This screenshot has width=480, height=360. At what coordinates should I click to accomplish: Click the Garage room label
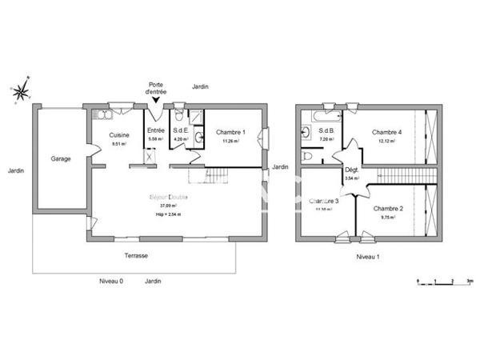(x=61, y=158)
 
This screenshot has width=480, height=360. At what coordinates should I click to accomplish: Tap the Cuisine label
(x=119, y=135)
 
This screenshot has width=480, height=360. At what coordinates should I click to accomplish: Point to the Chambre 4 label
(x=386, y=132)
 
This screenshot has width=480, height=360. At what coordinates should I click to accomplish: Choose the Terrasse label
(x=136, y=256)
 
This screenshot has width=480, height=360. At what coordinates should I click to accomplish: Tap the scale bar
(x=445, y=282)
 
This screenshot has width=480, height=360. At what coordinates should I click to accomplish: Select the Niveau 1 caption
(x=367, y=258)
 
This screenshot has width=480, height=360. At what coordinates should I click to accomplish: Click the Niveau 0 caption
(x=110, y=282)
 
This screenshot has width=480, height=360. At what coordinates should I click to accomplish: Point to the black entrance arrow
(x=155, y=99)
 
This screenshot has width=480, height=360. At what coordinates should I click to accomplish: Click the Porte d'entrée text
(x=155, y=87)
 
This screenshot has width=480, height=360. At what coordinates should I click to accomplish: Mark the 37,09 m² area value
(x=169, y=206)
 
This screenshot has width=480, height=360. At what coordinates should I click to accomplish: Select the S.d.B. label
(x=326, y=131)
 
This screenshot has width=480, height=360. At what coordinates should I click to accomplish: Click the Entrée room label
(x=155, y=130)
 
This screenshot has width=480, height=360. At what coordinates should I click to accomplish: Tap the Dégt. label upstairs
(x=351, y=170)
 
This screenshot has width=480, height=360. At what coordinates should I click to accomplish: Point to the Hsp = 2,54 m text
(x=169, y=214)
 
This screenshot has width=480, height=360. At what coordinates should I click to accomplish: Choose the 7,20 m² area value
(x=326, y=140)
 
